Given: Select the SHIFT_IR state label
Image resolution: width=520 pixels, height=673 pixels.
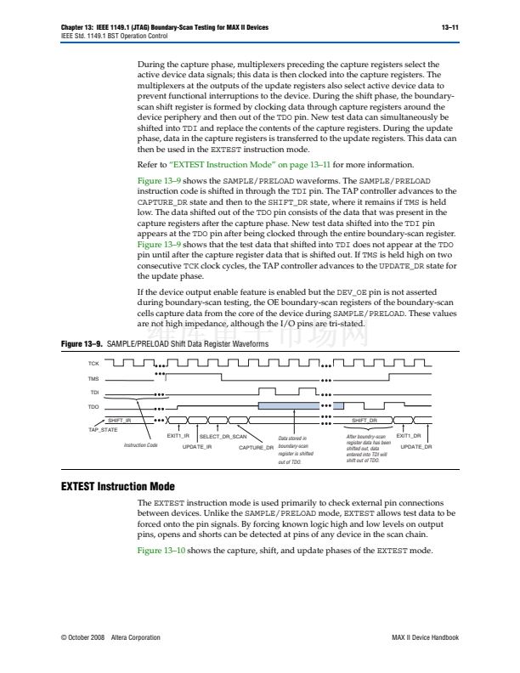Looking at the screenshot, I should point(119,421).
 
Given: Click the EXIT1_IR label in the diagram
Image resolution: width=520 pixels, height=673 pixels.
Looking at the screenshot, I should point(178,435).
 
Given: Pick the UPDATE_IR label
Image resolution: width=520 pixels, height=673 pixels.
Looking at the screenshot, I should point(197,445).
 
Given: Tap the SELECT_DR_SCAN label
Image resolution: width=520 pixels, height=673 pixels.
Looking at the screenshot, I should point(228,435).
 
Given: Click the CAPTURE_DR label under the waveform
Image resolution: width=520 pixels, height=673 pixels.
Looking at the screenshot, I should point(256,445).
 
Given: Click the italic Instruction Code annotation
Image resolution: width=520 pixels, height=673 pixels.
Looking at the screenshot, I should point(140,444).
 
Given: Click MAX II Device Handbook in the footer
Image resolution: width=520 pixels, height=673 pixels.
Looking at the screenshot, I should point(427,636).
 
